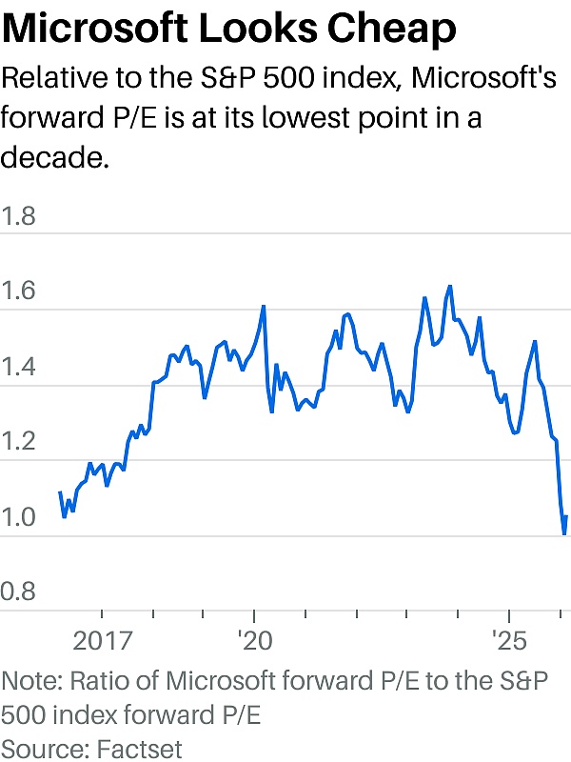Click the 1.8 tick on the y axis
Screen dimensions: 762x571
(x=19, y=216)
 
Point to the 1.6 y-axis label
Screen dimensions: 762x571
(x=19, y=291)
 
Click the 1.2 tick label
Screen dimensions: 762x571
(x=19, y=442)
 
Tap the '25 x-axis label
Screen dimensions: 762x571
(x=508, y=639)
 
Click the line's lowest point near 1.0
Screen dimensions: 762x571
(x=564, y=533)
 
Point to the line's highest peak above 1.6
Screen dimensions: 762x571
(x=449, y=286)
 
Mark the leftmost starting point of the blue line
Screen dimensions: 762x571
(x=60, y=492)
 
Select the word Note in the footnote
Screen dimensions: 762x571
(x=29, y=683)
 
